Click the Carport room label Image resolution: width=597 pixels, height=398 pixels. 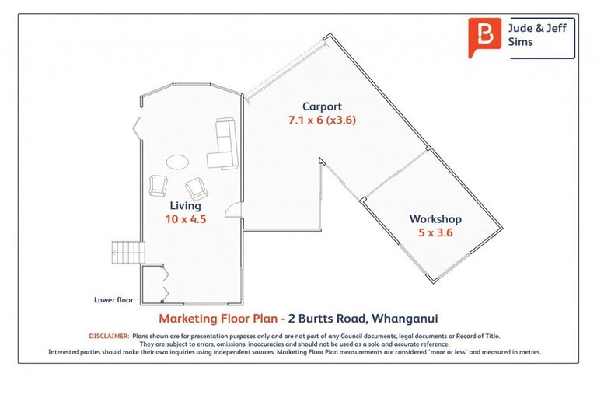[x=321, y=106]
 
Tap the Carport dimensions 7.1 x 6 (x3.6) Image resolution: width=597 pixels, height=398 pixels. [x=321, y=120]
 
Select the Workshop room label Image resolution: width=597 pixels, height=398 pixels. [x=435, y=219]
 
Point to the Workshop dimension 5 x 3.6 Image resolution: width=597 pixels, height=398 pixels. [x=435, y=232]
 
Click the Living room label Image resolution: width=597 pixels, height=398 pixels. [x=185, y=206]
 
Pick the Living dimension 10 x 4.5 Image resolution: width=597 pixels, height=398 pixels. [x=185, y=219]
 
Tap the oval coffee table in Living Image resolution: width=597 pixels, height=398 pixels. [x=176, y=162]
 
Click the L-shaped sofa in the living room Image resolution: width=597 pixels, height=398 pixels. [x=225, y=145]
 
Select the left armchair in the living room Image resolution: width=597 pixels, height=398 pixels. [x=158, y=185]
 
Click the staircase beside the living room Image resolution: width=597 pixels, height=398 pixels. [x=127, y=250]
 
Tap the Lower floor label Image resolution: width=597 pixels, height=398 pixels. [x=113, y=299]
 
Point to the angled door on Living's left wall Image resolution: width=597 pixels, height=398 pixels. [x=138, y=126]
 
